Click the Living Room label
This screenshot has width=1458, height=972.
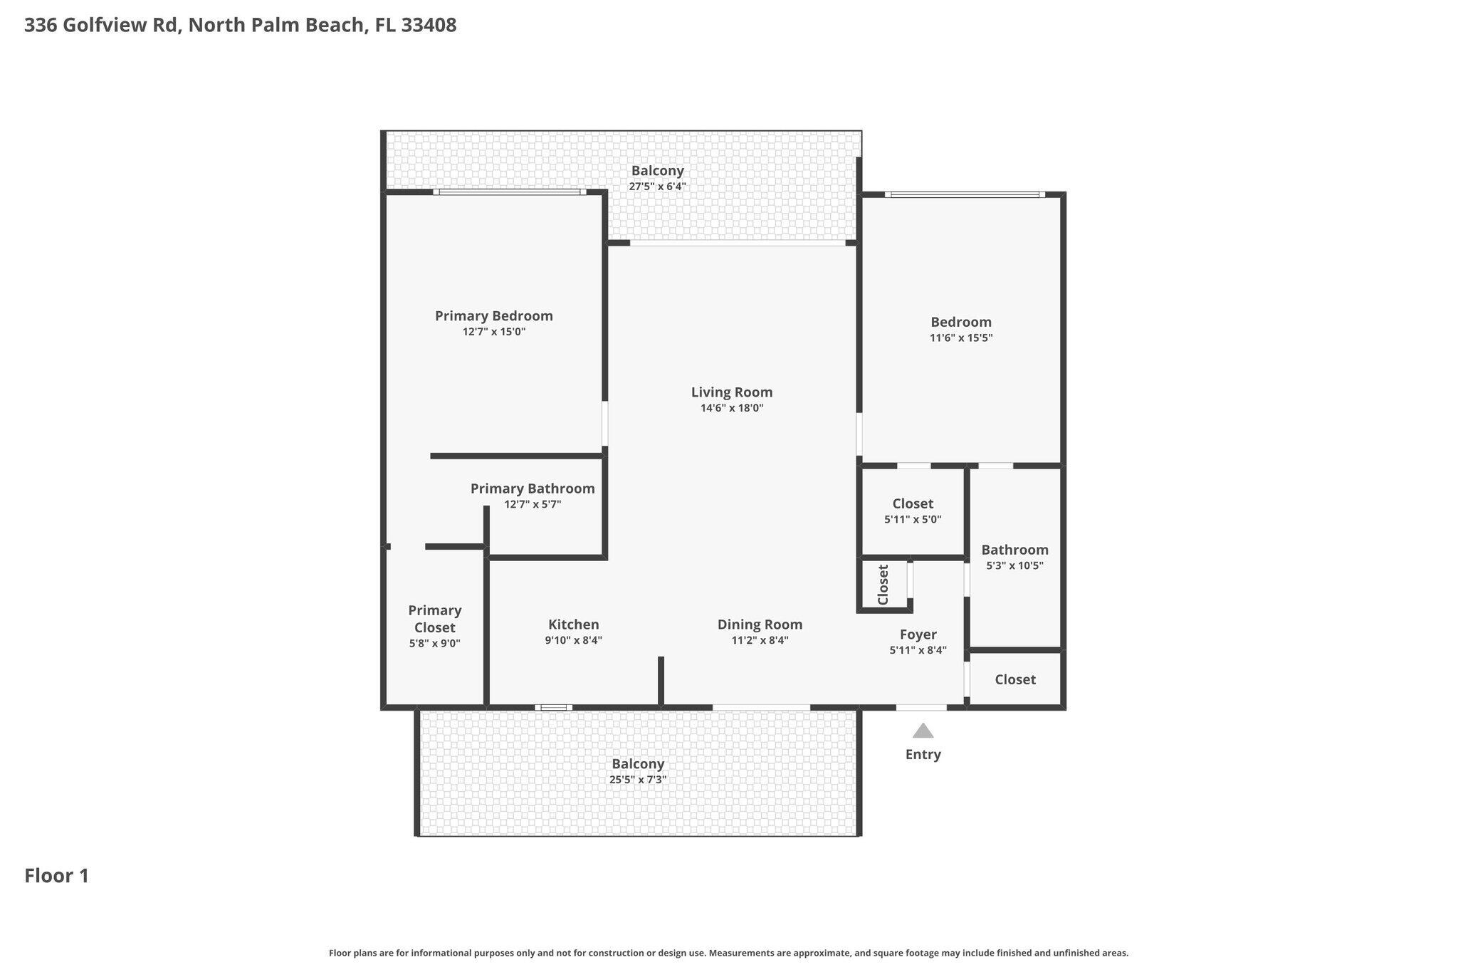click(x=731, y=392)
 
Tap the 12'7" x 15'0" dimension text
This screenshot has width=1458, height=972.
click(x=493, y=332)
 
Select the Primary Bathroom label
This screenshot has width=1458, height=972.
click(x=532, y=488)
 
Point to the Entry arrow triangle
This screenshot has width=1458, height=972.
click(x=923, y=731)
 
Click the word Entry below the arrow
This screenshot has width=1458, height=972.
click(x=923, y=755)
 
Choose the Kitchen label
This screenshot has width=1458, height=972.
click(x=573, y=625)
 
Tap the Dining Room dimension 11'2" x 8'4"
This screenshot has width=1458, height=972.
click(x=760, y=640)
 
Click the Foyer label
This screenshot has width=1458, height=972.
click(x=918, y=634)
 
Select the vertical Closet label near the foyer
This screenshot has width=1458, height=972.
click(x=883, y=585)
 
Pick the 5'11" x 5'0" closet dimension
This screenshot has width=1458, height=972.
click(x=913, y=520)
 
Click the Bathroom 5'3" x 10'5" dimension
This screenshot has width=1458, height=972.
click(x=1014, y=566)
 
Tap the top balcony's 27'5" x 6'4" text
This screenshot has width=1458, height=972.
click(x=657, y=187)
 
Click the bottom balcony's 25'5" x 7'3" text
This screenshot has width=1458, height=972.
click(x=637, y=780)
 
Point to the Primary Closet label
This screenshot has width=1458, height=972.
click(x=434, y=619)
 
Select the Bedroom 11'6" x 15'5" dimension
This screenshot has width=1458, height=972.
click(x=960, y=338)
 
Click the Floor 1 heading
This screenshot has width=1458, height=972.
click(x=57, y=876)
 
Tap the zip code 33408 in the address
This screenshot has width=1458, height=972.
click(x=429, y=26)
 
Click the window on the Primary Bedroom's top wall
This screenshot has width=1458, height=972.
click(x=510, y=192)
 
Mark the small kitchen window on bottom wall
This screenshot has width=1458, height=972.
click(x=553, y=707)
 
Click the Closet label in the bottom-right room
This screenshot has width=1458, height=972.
click(x=1014, y=679)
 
